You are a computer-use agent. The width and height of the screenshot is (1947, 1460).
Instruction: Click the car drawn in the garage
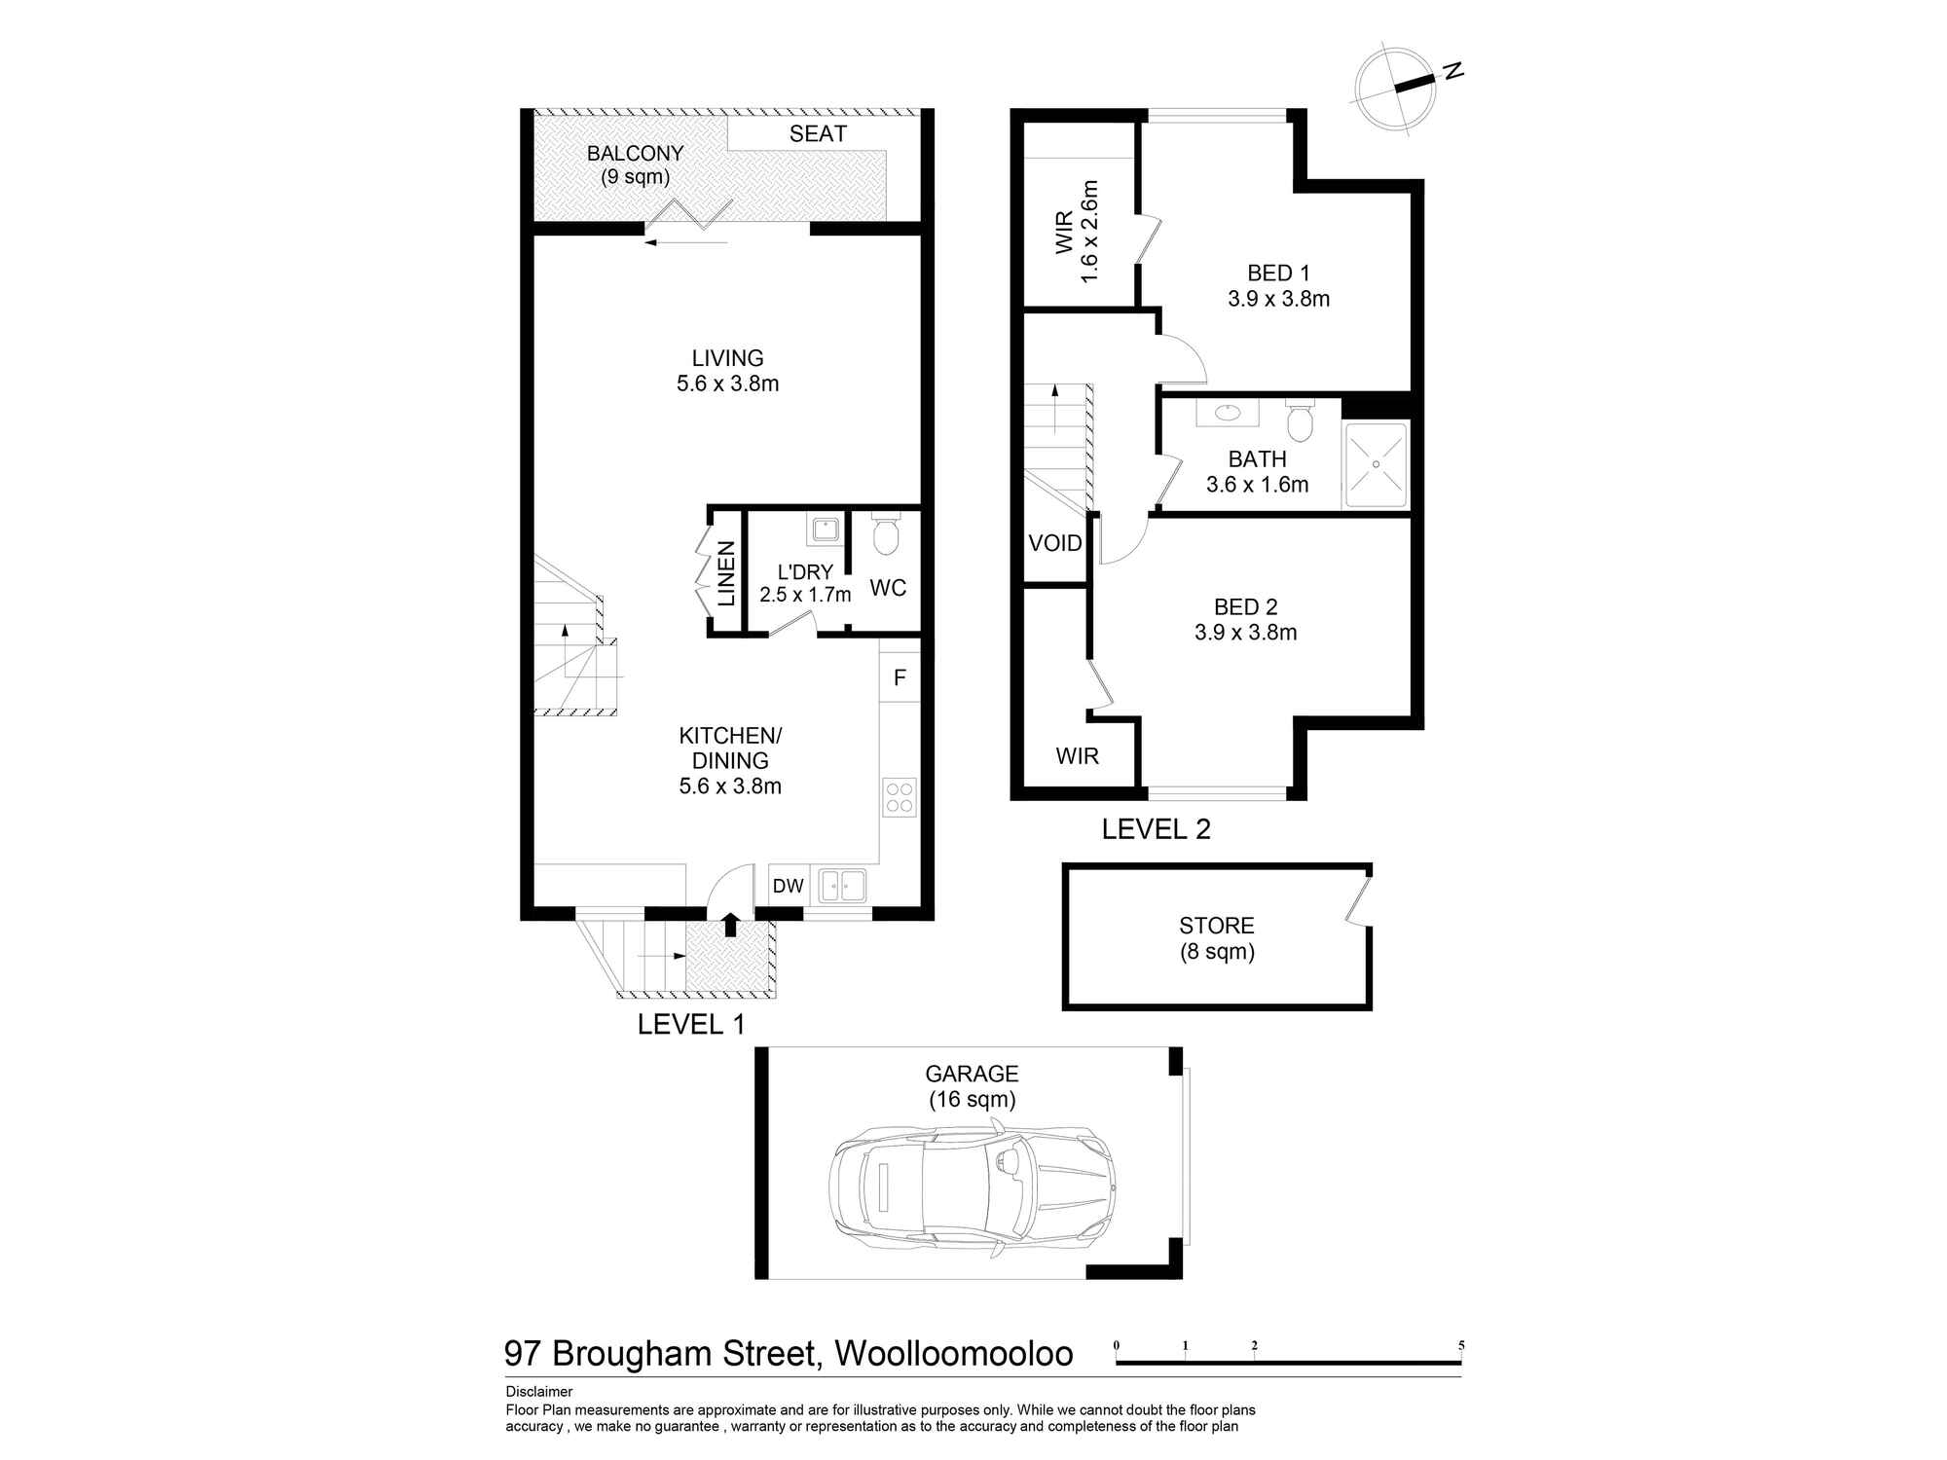coord(972,1189)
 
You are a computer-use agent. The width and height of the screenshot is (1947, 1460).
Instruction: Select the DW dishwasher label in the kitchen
coord(788,886)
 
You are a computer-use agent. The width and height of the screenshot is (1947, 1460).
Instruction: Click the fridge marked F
coord(900,677)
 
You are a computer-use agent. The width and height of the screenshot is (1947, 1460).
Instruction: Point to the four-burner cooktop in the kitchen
coord(900,797)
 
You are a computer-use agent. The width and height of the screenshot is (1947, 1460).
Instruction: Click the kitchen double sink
coord(843,886)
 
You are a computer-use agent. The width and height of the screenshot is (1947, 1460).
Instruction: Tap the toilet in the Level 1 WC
coord(886,535)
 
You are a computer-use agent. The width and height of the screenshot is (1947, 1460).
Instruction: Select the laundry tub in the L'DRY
coord(826,530)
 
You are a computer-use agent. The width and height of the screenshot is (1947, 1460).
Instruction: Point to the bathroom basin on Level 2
coord(1228,413)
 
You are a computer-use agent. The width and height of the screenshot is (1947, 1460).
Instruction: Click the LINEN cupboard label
coord(726,574)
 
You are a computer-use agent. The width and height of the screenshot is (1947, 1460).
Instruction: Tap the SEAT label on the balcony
coord(818,134)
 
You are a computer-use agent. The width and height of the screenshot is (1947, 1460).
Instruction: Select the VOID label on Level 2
coord(1055,543)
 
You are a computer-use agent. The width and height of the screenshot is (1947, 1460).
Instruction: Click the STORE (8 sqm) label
coord(1216,938)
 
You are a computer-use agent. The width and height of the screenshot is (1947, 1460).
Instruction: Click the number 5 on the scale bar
coord(1461,1346)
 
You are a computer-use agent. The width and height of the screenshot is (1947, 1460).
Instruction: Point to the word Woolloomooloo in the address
coord(954,1354)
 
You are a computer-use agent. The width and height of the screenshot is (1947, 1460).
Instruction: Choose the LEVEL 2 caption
coord(1156,829)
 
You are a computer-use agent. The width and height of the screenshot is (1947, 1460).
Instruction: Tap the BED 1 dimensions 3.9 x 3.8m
coord(1278,299)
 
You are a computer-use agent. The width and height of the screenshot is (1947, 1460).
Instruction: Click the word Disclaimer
coord(539,1392)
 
